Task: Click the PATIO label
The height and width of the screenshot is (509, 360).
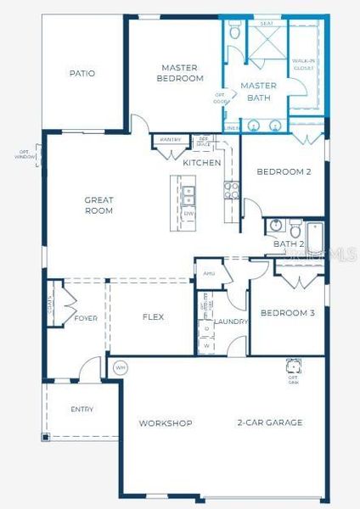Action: click(82, 73)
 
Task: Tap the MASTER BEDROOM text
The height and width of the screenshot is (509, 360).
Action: click(180, 72)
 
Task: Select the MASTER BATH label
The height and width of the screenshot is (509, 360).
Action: click(257, 92)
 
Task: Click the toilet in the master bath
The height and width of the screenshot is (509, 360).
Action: click(235, 34)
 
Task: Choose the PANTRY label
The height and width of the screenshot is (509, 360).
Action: click(171, 139)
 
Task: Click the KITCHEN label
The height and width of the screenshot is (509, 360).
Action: click(202, 162)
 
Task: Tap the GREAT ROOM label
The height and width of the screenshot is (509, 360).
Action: click(98, 205)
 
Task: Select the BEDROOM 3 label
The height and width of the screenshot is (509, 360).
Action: click(287, 313)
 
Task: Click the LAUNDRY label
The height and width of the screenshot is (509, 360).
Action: click(230, 322)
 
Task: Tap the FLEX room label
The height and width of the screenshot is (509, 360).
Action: click(153, 317)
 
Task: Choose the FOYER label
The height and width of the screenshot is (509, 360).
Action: click(86, 318)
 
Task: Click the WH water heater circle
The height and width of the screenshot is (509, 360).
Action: click(120, 368)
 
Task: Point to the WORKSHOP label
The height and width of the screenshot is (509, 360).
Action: click(166, 422)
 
